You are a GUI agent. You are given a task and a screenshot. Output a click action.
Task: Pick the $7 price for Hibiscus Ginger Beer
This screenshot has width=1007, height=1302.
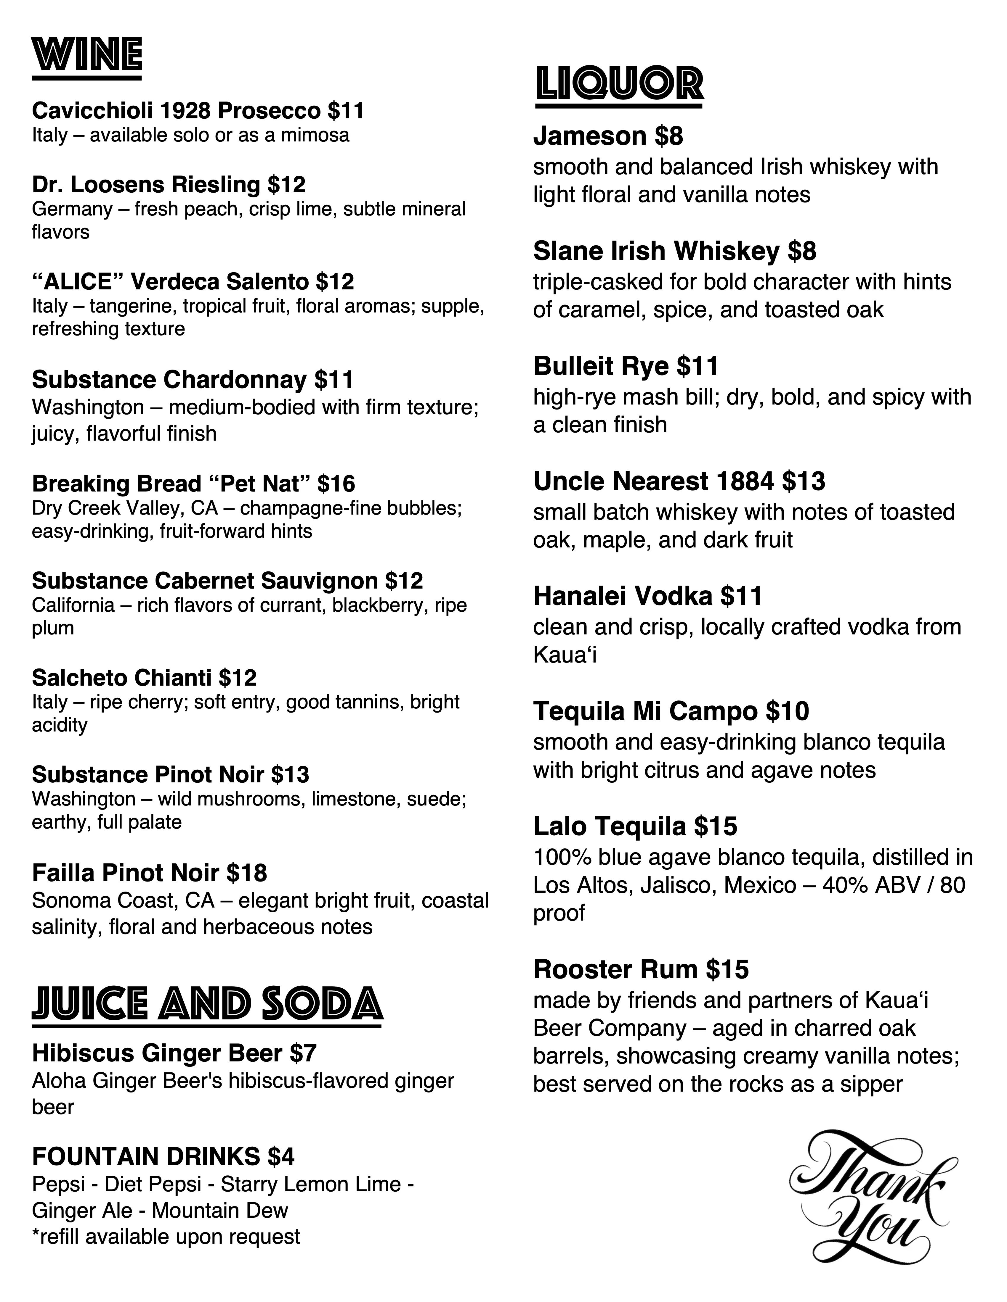pyautogui.click(x=303, y=1053)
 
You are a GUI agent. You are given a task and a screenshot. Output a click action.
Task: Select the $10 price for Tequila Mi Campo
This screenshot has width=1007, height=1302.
pyautogui.click(x=788, y=711)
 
